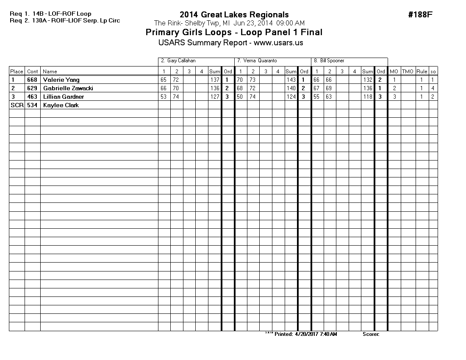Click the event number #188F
point(420,15)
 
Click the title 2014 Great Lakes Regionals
point(234,15)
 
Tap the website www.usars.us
point(278,43)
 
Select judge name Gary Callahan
point(181,61)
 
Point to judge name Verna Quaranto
point(260,61)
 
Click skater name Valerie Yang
point(61,80)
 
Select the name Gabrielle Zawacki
point(68,88)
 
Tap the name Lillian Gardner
point(64,97)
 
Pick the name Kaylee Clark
point(61,105)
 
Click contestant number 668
point(32,80)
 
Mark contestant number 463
point(32,97)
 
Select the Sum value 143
point(291,80)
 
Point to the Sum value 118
point(368,97)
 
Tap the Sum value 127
point(215,97)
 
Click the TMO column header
point(408,72)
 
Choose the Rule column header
point(422,72)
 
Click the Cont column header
point(32,72)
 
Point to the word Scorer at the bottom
point(371,334)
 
